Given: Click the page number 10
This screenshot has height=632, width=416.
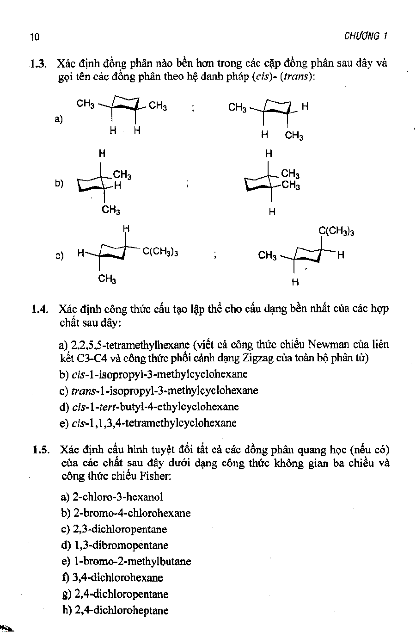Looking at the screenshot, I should coord(34,37).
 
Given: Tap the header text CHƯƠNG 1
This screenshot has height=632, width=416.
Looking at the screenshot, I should coord(365,37).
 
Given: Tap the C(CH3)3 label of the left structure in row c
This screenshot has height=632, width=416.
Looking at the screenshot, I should coord(160,252).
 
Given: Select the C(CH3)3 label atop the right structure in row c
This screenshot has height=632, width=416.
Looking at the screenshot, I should coord(336,232).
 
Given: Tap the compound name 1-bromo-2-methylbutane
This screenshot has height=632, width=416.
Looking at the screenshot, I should coord(132,562).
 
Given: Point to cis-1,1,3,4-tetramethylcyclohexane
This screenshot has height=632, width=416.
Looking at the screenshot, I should coord(154,423).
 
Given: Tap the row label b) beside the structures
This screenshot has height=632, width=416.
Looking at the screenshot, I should coord(59,183).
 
